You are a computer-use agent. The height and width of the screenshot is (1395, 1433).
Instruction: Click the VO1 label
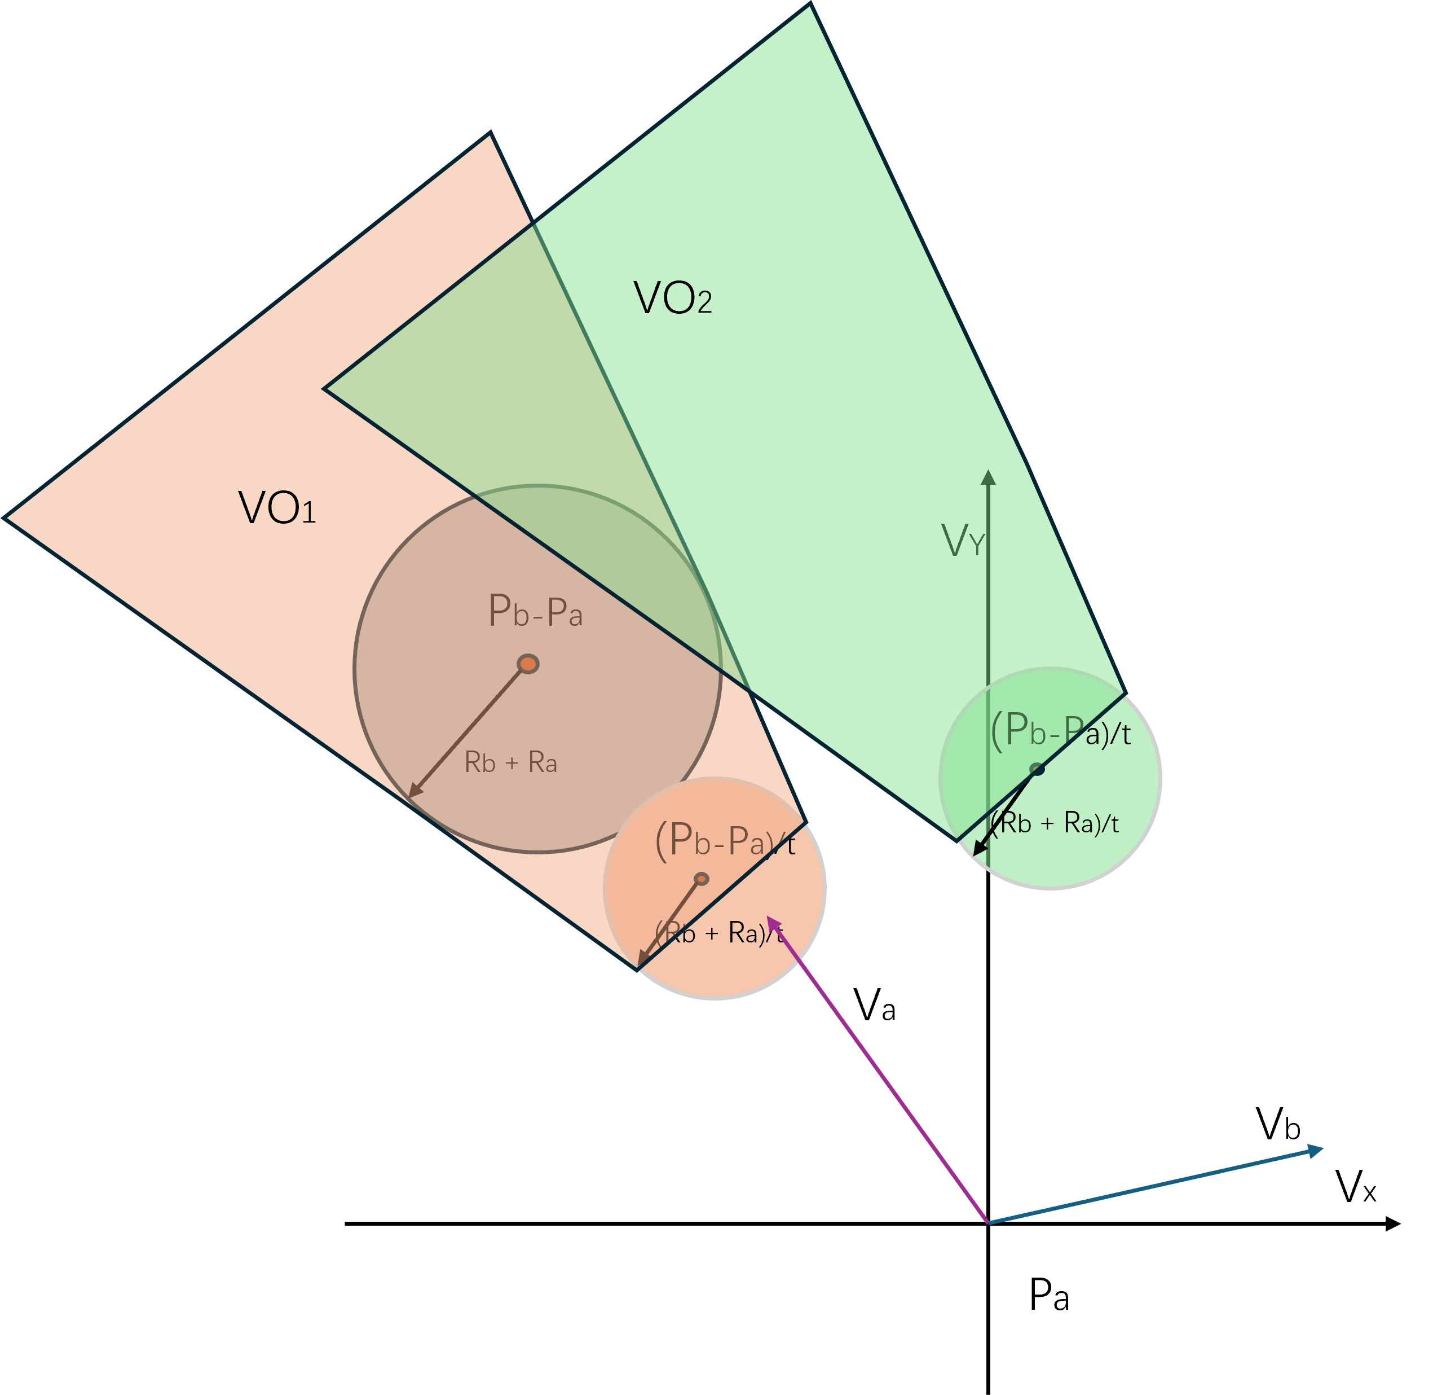(277, 508)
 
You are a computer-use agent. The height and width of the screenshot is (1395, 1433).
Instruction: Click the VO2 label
(672, 298)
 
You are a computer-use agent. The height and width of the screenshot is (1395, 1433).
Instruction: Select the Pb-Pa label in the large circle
(535, 612)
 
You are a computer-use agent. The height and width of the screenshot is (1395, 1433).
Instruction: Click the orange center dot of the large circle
(528, 664)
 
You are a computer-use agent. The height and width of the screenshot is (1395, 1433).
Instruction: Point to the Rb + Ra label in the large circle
(511, 764)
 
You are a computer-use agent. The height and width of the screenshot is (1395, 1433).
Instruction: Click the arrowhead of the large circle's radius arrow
(412, 793)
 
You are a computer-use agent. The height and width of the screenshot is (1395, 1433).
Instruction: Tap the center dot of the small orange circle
(702, 879)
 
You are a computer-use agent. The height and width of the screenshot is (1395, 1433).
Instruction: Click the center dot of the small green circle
(1037, 769)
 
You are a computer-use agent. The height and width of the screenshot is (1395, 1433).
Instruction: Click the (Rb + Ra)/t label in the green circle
(1056, 823)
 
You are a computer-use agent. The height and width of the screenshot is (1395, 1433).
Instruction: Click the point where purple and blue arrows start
(989, 1223)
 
